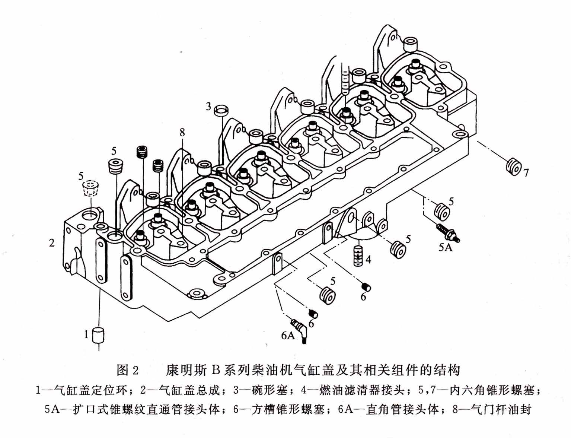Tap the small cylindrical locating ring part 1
point(99,335)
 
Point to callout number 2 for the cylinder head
point(52,243)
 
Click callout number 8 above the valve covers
point(182,132)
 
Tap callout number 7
point(526,173)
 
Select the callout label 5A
point(445,247)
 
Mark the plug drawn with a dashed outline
point(89,188)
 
